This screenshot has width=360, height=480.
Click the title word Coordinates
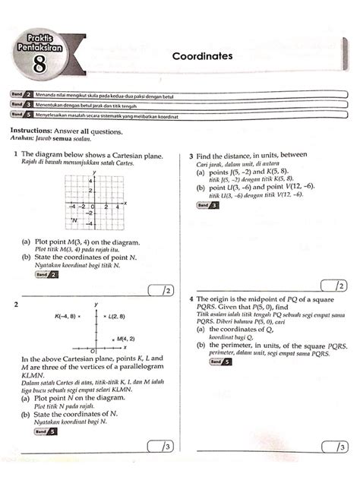pos(202,56)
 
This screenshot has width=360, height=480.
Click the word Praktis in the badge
pos(41,36)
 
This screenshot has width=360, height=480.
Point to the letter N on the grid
pos(75,219)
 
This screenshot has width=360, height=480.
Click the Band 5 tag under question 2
pos(45,431)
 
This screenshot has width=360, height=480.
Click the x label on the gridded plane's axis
pos(125,203)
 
